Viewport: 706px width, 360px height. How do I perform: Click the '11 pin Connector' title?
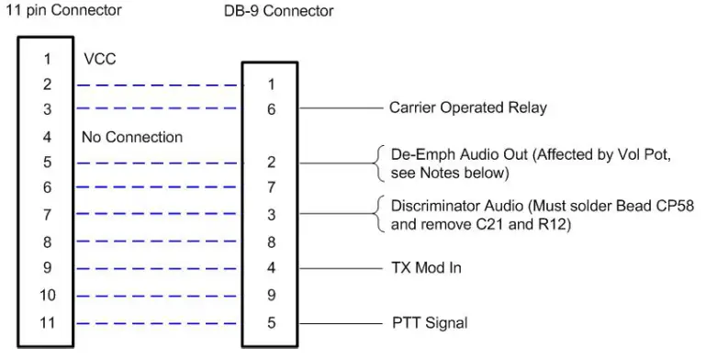point(63,11)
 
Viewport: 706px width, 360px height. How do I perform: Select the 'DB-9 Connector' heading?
point(280,11)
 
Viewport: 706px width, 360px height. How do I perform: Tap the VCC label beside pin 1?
point(99,59)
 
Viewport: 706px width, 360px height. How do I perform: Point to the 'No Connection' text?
point(131,138)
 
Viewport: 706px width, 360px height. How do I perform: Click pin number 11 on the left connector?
point(49,323)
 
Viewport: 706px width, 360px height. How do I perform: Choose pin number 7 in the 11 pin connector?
point(49,216)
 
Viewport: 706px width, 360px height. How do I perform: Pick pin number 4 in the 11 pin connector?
point(49,138)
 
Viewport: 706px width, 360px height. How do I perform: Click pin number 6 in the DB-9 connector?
point(271,108)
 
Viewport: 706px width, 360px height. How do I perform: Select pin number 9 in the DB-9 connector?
point(271,296)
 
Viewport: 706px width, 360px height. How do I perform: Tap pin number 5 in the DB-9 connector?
point(271,323)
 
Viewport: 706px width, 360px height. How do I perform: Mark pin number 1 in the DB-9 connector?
point(271,84)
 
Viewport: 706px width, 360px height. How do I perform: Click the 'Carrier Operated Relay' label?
point(467,107)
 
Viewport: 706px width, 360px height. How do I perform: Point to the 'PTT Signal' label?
point(429,323)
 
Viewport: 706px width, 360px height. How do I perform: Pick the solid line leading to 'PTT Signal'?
point(340,323)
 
